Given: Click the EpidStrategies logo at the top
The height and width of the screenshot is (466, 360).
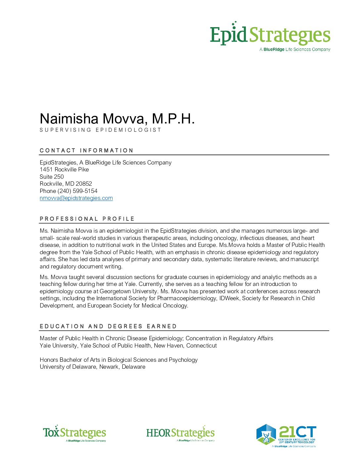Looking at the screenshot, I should click(x=270, y=36).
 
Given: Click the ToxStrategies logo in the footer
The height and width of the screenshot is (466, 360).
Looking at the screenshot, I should click(x=74, y=433).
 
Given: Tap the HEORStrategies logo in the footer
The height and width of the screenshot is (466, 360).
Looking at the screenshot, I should click(x=180, y=433).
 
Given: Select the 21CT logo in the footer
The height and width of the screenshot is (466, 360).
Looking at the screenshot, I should click(x=286, y=435).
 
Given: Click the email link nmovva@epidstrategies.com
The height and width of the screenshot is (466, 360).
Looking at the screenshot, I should click(x=76, y=198).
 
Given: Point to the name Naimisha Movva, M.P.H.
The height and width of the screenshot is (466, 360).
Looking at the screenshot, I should click(x=117, y=118).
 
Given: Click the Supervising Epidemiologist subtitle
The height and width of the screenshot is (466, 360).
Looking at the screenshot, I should click(x=100, y=130).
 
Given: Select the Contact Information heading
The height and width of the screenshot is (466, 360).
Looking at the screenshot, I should click(x=86, y=150).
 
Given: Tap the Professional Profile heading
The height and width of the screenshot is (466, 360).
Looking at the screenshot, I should click(x=87, y=219).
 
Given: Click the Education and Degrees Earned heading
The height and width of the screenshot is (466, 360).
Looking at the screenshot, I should click(x=108, y=326).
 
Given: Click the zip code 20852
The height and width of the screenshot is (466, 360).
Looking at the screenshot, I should click(x=84, y=184).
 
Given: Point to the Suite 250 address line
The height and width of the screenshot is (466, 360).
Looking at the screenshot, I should click(x=52, y=177).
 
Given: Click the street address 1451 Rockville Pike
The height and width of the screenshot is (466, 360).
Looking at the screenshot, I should click(x=64, y=169).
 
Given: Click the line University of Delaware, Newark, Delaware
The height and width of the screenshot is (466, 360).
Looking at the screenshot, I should click(x=93, y=367).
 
